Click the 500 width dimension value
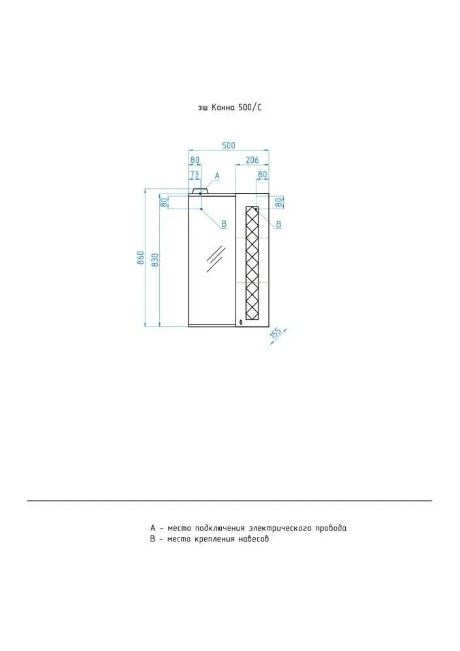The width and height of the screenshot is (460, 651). (228, 145)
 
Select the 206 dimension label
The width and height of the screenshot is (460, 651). (253, 160)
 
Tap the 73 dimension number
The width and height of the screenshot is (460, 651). (194, 175)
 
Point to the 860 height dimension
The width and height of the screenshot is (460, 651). (140, 258)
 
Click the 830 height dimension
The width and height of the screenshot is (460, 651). (155, 260)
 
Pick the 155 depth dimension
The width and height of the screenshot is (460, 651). (276, 334)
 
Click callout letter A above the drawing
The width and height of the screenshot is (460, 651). (217, 176)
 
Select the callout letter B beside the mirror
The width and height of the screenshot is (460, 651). (224, 224)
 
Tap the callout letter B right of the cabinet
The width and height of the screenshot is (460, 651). (279, 224)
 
